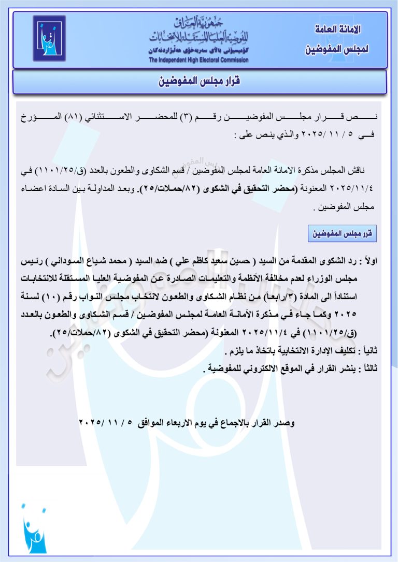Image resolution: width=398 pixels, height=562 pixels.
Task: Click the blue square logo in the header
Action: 49,39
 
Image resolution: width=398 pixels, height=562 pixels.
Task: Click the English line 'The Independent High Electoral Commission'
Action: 198,60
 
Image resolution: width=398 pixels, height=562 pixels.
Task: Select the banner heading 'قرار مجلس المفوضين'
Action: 199,82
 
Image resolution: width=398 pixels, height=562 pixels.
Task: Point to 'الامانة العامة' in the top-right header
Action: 338,29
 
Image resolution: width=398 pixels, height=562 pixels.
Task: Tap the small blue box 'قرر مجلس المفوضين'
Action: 342,233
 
